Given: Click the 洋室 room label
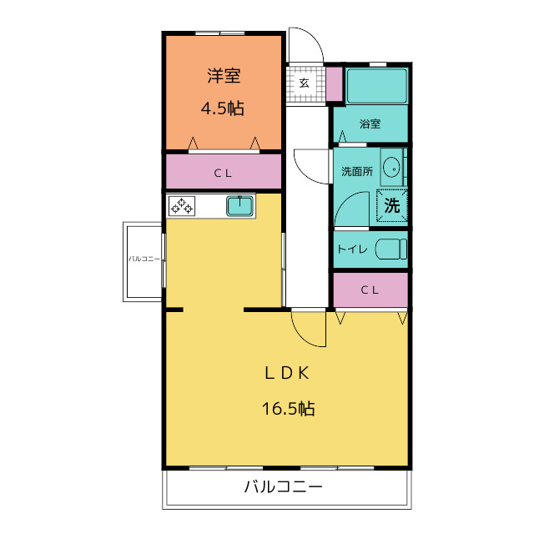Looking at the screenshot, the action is [224, 76].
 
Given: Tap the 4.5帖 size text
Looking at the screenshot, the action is [223, 108].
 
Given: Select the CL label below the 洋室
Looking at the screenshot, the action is [223, 174].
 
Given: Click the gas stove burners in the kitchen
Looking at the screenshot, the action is [182, 206].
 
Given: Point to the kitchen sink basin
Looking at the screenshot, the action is [240, 206].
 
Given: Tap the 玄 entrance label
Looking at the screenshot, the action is [304, 83].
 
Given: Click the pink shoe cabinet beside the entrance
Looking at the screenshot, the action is [334, 84].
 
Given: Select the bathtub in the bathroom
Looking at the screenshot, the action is [377, 86].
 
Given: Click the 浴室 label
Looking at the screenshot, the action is [370, 123].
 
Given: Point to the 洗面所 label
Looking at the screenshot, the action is [357, 171].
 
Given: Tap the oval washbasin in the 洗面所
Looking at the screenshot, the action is [391, 168].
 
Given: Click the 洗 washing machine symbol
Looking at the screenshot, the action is [391, 205].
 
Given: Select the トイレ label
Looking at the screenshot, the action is [352, 249].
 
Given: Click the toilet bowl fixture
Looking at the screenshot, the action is [391, 249].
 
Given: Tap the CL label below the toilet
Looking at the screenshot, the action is [370, 290].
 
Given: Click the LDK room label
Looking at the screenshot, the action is [287, 373].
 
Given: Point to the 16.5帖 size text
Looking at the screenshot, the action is [288, 408].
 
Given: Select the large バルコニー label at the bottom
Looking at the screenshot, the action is [284, 486].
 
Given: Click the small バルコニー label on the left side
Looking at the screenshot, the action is [144, 259].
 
